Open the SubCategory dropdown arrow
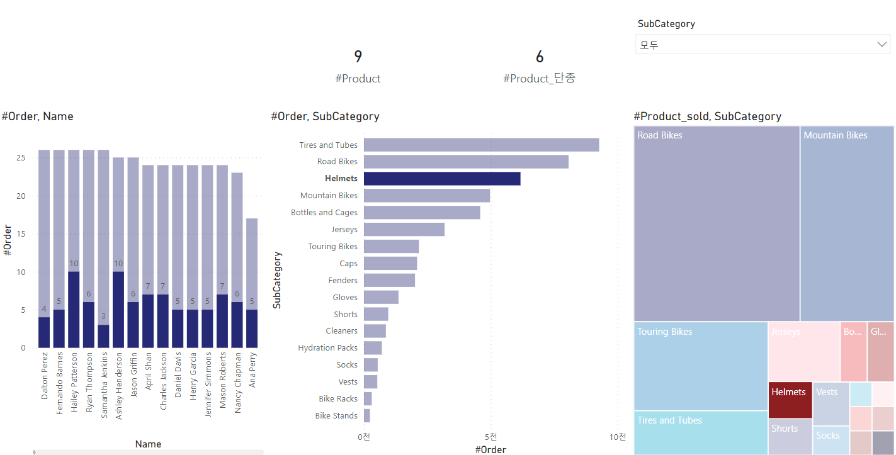pyautogui.click(x=882, y=45)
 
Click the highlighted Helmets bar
pyautogui.click(x=441, y=179)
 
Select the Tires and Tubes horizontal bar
pyautogui.click(x=481, y=145)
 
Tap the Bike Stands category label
pyautogui.click(x=336, y=416)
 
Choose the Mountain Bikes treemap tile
pyautogui.click(x=847, y=223)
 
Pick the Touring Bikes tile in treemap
pyautogui.click(x=700, y=366)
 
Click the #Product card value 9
pyautogui.click(x=358, y=57)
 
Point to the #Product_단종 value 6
pyautogui.click(x=540, y=57)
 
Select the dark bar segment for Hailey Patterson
pyautogui.click(x=74, y=310)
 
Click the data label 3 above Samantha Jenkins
pyautogui.click(x=103, y=317)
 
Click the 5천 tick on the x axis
pyautogui.click(x=491, y=437)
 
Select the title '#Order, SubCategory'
pyautogui.click(x=325, y=116)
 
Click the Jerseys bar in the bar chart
pyautogui.click(x=404, y=230)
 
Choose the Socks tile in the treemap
pyautogui.click(x=831, y=440)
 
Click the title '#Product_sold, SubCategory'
pyautogui.click(x=707, y=116)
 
